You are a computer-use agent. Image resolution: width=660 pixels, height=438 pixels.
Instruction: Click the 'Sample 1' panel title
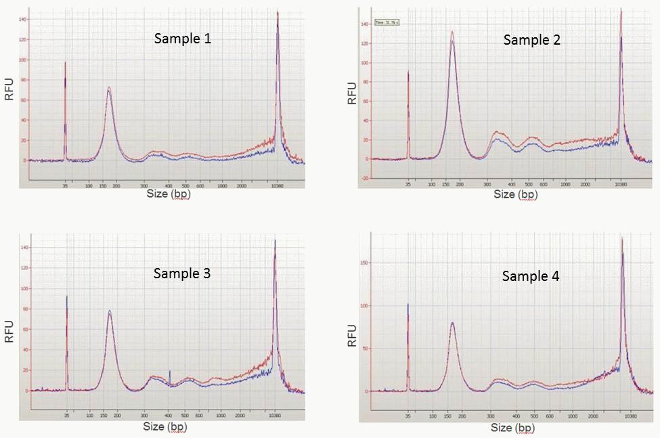[x=183, y=39]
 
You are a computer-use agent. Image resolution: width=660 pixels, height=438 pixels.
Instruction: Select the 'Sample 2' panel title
[x=531, y=41]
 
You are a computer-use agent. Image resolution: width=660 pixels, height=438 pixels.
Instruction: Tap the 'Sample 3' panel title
[x=182, y=273]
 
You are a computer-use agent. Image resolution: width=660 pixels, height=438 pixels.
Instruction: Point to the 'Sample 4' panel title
[x=531, y=276]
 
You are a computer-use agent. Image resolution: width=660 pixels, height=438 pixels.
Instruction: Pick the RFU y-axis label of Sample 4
[x=352, y=335]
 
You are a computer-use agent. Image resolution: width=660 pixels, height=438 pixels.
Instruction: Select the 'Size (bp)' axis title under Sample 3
[x=165, y=426]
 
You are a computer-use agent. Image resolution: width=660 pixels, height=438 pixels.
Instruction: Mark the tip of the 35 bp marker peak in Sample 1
[x=65, y=62]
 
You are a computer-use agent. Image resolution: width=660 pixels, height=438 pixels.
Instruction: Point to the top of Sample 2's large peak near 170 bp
[x=452, y=32]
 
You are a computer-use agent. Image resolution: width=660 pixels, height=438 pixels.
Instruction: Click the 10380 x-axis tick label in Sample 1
[x=277, y=185]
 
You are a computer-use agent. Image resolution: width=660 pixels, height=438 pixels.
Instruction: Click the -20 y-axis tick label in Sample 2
[x=366, y=178]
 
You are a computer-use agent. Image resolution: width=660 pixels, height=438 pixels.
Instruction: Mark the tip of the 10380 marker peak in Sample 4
[x=621, y=238]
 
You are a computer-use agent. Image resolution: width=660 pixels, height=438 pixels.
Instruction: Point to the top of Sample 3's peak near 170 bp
[x=110, y=311]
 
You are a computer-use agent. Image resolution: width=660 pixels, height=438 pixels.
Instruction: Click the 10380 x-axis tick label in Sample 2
[x=620, y=184]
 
